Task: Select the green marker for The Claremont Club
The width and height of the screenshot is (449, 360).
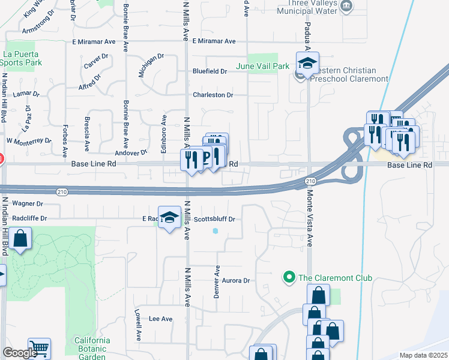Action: tap(289, 278)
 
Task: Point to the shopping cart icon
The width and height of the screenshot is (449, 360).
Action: tap(39, 348)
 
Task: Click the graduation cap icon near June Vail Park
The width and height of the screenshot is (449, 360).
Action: tap(307, 64)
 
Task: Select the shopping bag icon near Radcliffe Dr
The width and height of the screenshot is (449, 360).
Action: tap(20, 239)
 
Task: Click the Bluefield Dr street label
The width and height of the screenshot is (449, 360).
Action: tap(209, 71)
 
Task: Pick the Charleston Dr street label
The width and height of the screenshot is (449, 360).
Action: tap(212, 95)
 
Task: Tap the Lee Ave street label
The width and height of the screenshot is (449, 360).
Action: tap(160, 319)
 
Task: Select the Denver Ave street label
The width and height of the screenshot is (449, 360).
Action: tap(218, 276)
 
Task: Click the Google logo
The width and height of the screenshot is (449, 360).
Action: tap(20, 352)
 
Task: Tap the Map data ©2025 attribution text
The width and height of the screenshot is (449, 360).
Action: tap(423, 355)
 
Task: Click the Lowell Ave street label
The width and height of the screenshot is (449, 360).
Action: tap(137, 323)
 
